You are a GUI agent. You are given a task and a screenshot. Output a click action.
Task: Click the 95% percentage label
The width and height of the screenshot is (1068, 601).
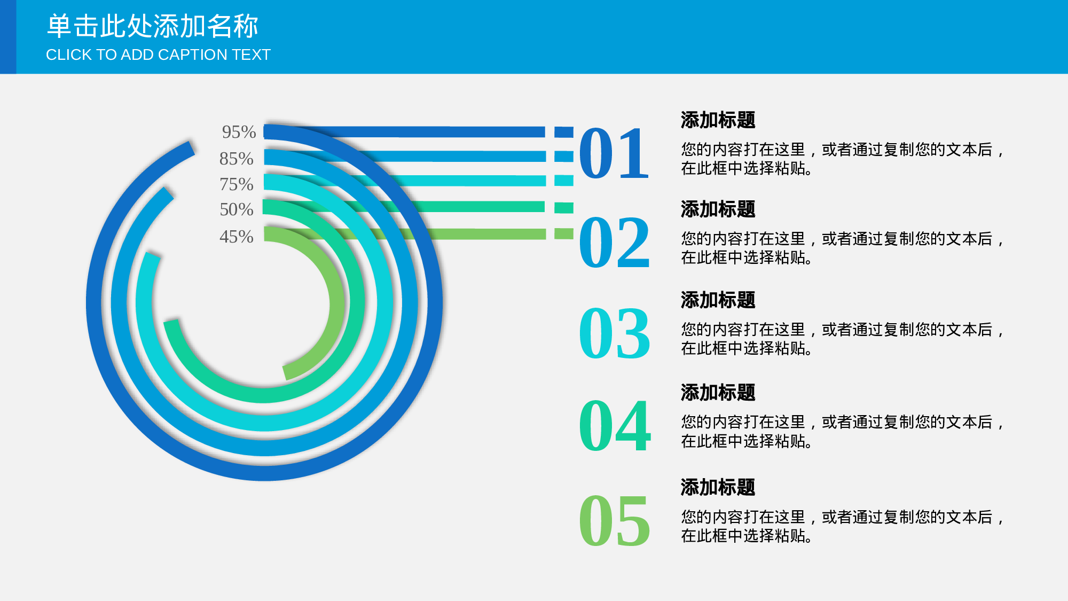pyautogui.click(x=239, y=132)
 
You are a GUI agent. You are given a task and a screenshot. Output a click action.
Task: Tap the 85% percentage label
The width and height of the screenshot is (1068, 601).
pyautogui.click(x=236, y=159)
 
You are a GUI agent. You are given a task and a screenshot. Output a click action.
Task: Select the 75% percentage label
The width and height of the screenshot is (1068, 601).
pyautogui.click(x=236, y=184)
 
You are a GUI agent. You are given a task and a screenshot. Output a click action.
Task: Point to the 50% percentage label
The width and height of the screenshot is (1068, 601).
pyautogui.click(x=236, y=209)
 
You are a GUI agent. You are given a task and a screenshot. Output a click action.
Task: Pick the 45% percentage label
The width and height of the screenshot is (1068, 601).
pyautogui.click(x=236, y=237)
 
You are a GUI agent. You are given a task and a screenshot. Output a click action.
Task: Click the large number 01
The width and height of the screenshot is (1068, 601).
pyautogui.click(x=614, y=153)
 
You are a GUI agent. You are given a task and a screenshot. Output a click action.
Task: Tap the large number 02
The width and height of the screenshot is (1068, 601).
pyautogui.click(x=614, y=243)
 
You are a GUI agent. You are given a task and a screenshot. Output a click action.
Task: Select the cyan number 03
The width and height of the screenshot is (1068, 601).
pyautogui.click(x=614, y=333)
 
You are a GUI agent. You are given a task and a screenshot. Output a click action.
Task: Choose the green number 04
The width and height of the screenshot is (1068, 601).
pyautogui.click(x=614, y=426)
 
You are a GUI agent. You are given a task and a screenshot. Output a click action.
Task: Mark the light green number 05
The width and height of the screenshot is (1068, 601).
pyautogui.click(x=614, y=520)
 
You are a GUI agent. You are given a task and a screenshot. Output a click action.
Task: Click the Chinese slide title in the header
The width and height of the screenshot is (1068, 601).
pyautogui.click(x=153, y=26)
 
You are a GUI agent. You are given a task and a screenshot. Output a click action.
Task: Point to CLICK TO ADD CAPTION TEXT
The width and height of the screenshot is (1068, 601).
pyautogui.click(x=158, y=54)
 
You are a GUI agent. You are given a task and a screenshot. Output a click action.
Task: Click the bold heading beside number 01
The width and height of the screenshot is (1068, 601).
pyautogui.click(x=718, y=120)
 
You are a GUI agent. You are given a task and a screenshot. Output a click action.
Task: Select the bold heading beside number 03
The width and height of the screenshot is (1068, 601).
pyautogui.click(x=718, y=300)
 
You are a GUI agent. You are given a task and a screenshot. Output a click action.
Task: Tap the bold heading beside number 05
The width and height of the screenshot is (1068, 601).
pyautogui.click(x=718, y=487)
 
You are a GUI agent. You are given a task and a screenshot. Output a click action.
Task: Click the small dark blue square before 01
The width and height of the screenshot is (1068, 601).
pyautogui.click(x=563, y=132)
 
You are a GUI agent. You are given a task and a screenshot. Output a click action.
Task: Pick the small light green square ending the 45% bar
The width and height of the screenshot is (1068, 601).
pyautogui.click(x=563, y=233)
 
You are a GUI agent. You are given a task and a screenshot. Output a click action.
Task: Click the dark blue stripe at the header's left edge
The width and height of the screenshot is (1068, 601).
pyautogui.click(x=8, y=37)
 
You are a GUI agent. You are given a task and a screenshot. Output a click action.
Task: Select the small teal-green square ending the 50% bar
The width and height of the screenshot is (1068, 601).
pyautogui.click(x=563, y=207)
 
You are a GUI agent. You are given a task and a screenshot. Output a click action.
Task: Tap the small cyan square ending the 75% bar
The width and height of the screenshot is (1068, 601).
pyautogui.click(x=563, y=181)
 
